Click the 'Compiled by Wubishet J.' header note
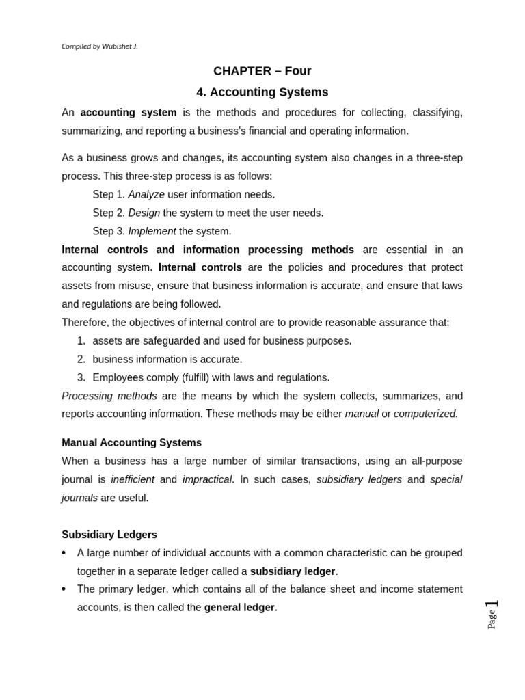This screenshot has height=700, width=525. click(x=100, y=46)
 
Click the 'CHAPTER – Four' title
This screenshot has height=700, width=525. click(x=262, y=71)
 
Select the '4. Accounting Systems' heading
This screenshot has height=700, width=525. click(x=262, y=92)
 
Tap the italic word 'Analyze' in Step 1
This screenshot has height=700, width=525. click(x=146, y=194)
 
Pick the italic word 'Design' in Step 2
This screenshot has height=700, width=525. click(x=144, y=213)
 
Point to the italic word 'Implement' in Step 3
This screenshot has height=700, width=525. click(x=152, y=231)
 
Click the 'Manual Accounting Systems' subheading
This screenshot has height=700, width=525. click(x=131, y=442)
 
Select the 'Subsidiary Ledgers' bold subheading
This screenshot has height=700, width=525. click(x=109, y=534)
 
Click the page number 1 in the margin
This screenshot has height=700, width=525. click(x=492, y=604)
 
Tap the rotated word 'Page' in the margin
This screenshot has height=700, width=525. click(x=492, y=619)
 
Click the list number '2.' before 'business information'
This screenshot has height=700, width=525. click(x=81, y=359)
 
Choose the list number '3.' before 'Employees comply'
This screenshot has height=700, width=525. click(x=81, y=377)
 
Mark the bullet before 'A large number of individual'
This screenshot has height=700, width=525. click(x=64, y=553)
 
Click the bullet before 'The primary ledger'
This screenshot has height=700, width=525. click(x=64, y=589)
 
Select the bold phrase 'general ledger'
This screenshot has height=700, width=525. click(x=239, y=608)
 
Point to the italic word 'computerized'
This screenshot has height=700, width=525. click(x=425, y=414)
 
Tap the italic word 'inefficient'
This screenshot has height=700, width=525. click(x=133, y=479)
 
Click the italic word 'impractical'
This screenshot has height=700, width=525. click(x=207, y=479)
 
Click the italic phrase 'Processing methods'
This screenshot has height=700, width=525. click(x=109, y=396)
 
